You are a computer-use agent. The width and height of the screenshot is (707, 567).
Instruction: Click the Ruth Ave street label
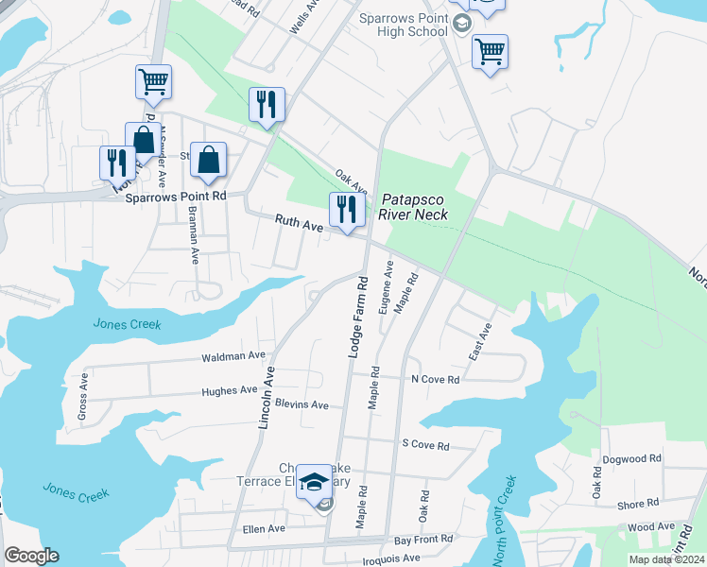coord(299,223)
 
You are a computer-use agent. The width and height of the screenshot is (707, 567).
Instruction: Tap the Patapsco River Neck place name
coord(414,207)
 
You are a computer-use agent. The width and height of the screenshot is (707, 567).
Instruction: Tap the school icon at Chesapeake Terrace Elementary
coord(314,484)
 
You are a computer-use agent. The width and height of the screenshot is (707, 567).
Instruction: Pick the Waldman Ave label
coord(233,356)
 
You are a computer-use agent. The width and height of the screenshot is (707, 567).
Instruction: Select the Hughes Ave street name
coord(229,389)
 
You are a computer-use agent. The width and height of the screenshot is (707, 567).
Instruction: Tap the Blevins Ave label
coord(302,404)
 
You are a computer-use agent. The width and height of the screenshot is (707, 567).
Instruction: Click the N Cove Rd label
coord(435,379)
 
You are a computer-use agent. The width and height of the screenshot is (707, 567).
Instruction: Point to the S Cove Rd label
coord(425,444)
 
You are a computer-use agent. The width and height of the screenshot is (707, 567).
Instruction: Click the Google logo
coord(32,556)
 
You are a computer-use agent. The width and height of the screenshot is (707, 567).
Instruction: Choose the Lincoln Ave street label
coord(266,397)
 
